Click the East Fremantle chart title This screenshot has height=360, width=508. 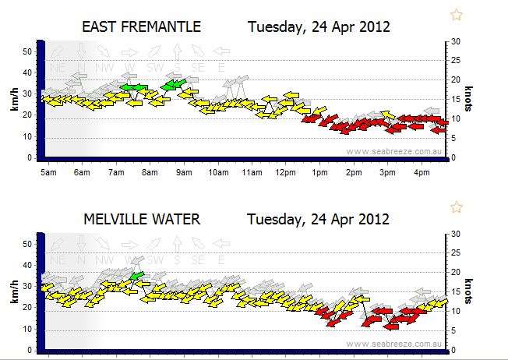[141, 27]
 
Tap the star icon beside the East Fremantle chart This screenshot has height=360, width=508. [457, 14]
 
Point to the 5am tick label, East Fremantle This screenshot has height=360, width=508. [48, 173]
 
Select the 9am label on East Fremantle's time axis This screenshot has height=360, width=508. [184, 173]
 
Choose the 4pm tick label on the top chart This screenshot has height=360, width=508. [422, 173]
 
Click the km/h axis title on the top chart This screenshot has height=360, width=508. [14, 99]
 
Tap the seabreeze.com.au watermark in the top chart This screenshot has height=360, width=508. [396, 152]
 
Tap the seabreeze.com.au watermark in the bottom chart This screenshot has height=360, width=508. [396, 344]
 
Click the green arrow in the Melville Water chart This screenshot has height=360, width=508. [137, 276]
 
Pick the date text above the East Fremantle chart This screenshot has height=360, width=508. [319, 27]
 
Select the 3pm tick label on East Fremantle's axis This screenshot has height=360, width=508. [387, 173]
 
